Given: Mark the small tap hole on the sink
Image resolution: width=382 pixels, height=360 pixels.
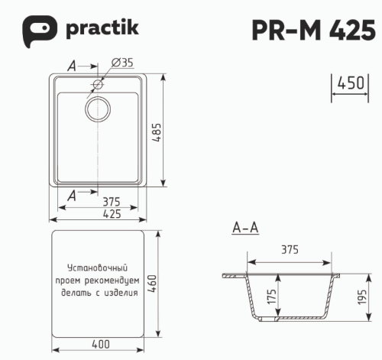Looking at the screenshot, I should (x=98, y=83).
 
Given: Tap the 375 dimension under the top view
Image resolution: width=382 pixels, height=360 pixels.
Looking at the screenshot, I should (x=111, y=202).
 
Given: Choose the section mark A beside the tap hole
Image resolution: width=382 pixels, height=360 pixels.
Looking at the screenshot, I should (x=72, y=67).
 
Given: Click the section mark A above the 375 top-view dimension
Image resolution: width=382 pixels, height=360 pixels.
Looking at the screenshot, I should (x=72, y=196).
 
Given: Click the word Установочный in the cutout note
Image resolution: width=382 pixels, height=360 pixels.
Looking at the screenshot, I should (x=96, y=269).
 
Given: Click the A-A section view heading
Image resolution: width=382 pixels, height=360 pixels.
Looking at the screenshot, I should (x=244, y=228).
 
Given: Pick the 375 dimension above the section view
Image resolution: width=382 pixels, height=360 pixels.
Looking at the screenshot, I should (x=289, y=250).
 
